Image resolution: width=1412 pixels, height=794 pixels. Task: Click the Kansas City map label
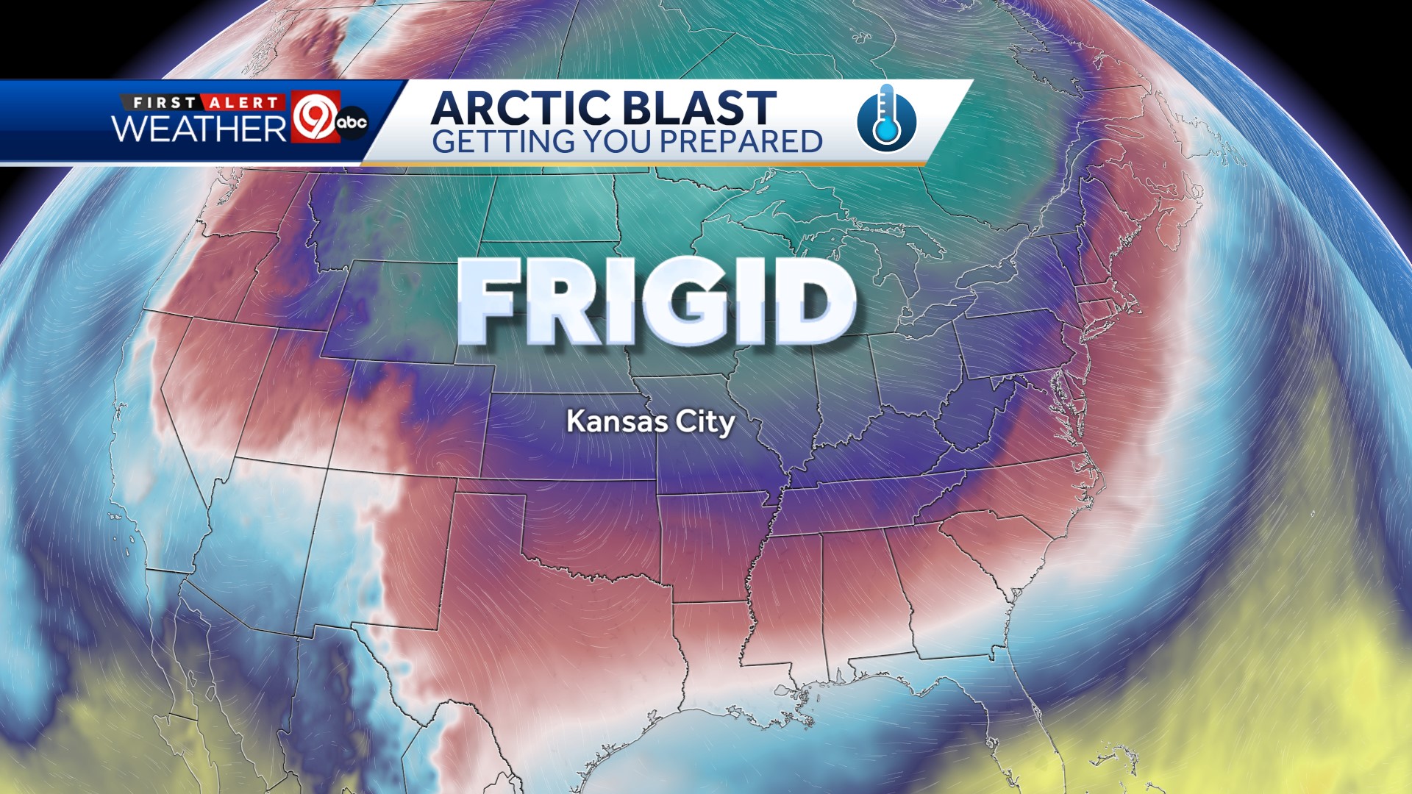pyautogui.click(x=650, y=422)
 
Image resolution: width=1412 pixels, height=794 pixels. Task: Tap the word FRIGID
pyautogui.click(x=657, y=301)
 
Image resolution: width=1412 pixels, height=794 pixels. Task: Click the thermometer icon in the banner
pyautogui.click(x=887, y=118)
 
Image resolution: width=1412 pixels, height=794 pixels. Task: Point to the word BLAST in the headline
pyautogui.click(x=699, y=108)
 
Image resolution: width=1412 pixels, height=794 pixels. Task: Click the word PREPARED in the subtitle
pyautogui.click(x=736, y=141)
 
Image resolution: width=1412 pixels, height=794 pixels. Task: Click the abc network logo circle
pyautogui.click(x=352, y=122)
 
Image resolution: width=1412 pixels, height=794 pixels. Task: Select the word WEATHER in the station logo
pyautogui.click(x=199, y=128)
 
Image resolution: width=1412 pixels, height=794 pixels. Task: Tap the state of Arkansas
pyautogui.click(x=710, y=544)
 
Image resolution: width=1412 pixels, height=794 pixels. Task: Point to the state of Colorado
pyautogui.click(x=412, y=426)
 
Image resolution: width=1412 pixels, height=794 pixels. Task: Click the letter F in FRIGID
pyautogui.click(x=485, y=301)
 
